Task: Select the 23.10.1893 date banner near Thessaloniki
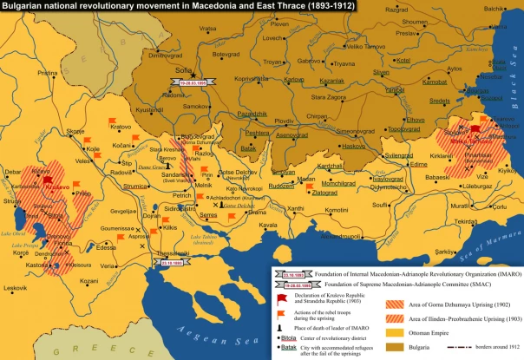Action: coord(173,260)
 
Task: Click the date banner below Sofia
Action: coord(189,83)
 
